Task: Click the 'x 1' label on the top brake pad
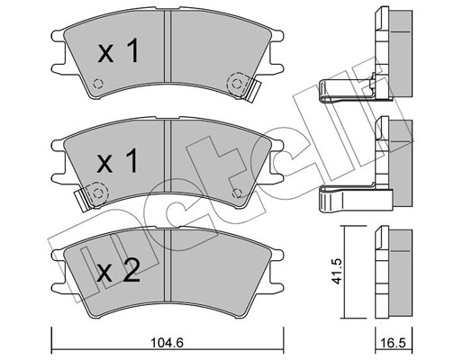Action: (x=117, y=53)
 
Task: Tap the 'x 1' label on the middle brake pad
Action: (x=117, y=162)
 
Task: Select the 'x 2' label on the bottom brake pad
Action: (x=117, y=271)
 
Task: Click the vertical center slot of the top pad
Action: (x=168, y=54)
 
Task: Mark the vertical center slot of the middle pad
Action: (x=168, y=162)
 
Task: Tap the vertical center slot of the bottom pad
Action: (x=168, y=270)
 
